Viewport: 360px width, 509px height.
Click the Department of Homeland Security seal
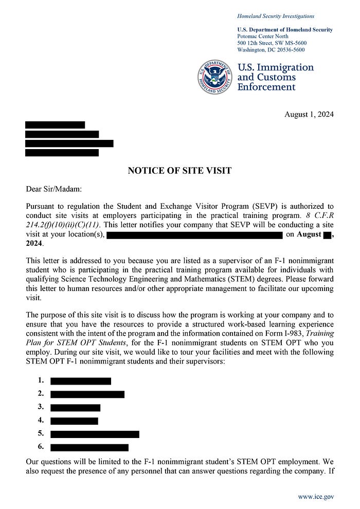point(214,77)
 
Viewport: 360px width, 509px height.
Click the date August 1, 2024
point(309,114)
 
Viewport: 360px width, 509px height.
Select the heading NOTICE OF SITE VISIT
point(179,171)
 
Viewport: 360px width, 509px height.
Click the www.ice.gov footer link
point(316,497)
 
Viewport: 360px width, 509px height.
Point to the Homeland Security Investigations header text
point(276,16)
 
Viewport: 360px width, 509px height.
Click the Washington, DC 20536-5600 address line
point(271,50)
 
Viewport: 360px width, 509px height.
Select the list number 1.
point(41,381)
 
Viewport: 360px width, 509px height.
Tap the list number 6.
point(41,447)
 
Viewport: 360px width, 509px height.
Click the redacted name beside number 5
point(95,434)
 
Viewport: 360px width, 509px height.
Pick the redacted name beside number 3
point(75,407)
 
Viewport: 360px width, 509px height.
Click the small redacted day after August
point(327,235)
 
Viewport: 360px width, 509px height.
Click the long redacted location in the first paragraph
point(194,235)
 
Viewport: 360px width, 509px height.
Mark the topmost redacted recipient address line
point(55,125)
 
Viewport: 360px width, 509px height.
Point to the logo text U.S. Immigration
point(275,67)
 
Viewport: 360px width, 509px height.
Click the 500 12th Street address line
point(272,43)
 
